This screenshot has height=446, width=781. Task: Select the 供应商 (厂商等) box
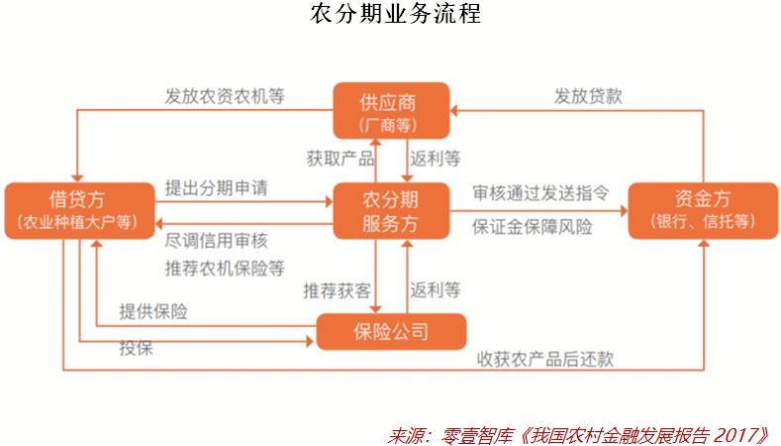(391, 109)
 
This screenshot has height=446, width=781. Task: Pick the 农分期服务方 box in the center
(391, 209)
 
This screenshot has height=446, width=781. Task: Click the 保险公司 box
(391, 332)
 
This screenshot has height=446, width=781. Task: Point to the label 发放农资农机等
(225, 97)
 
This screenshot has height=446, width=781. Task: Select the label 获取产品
(340, 159)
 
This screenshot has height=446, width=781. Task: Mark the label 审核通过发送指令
(540, 188)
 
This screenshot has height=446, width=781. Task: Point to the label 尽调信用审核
(216, 241)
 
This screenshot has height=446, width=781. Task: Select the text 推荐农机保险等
(225, 268)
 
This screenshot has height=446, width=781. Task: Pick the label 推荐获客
(338, 290)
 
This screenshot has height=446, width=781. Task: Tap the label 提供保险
(153, 311)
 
